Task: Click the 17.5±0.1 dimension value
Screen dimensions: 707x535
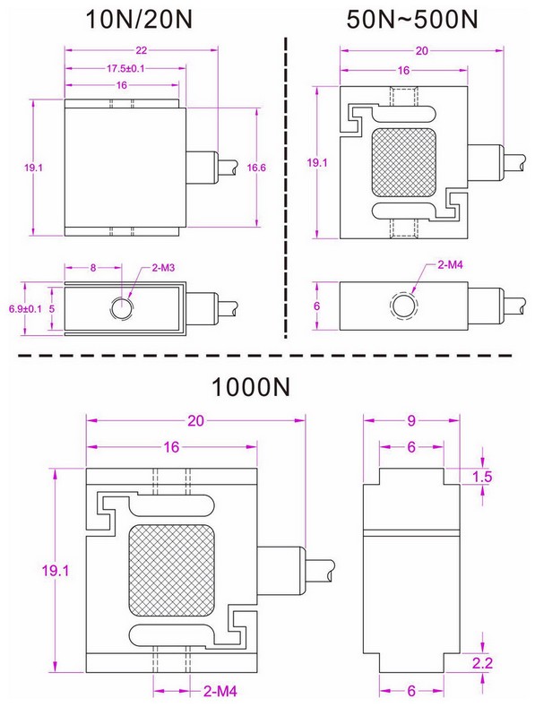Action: tap(126, 69)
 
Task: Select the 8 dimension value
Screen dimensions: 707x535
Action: tap(92, 267)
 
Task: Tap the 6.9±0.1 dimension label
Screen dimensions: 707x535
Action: tap(20, 308)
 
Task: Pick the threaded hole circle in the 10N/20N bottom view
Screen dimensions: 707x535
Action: tap(120, 307)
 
